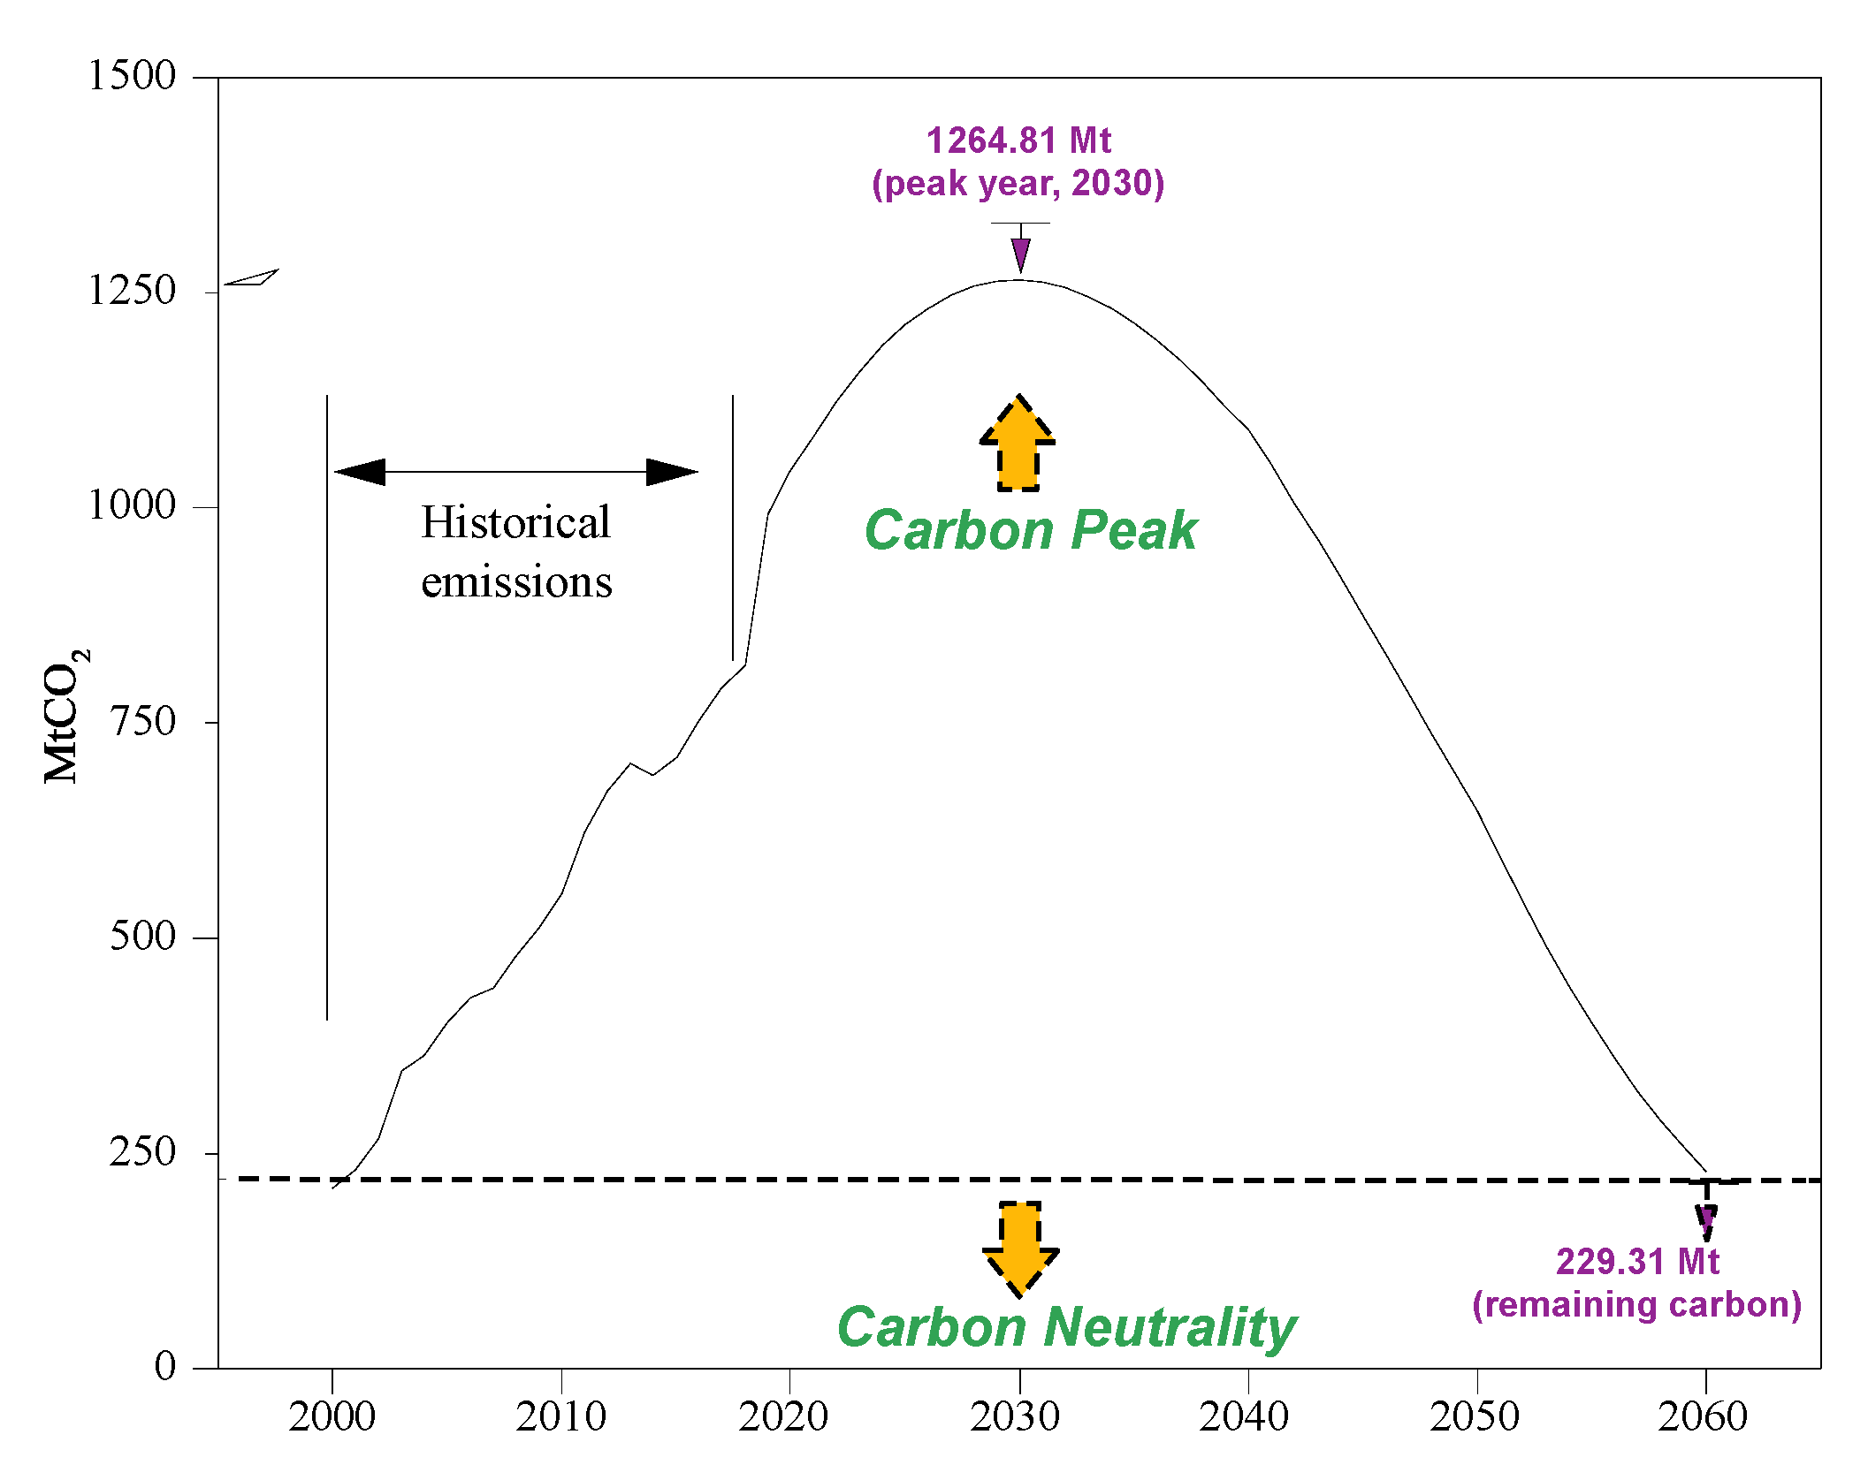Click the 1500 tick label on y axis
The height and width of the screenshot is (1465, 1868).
click(x=132, y=76)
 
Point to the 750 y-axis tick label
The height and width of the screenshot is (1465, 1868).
click(x=143, y=721)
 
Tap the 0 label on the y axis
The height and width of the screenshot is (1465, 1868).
click(x=165, y=1366)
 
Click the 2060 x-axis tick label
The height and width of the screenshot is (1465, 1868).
click(x=1702, y=1417)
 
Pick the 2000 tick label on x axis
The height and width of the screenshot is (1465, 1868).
click(x=332, y=1417)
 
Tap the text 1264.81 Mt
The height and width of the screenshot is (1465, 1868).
click(x=1018, y=140)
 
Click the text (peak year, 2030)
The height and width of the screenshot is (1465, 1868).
click(x=1018, y=183)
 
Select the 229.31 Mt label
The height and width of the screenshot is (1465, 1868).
click(x=1637, y=1262)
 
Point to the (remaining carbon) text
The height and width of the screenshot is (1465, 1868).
click(x=1637, y=1304)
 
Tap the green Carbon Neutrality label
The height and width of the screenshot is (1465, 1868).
click(x=1066, y=1327)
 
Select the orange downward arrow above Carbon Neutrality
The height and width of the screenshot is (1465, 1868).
click(x=1020, y=1247)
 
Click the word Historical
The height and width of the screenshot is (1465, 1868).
click(x=515, y=522)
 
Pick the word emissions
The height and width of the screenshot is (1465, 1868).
click(x=516, y=582)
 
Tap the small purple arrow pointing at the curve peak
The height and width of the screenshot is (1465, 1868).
click(x=1021, y=254)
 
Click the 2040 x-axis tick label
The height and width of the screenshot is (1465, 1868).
click(x=1244, y=1417)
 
